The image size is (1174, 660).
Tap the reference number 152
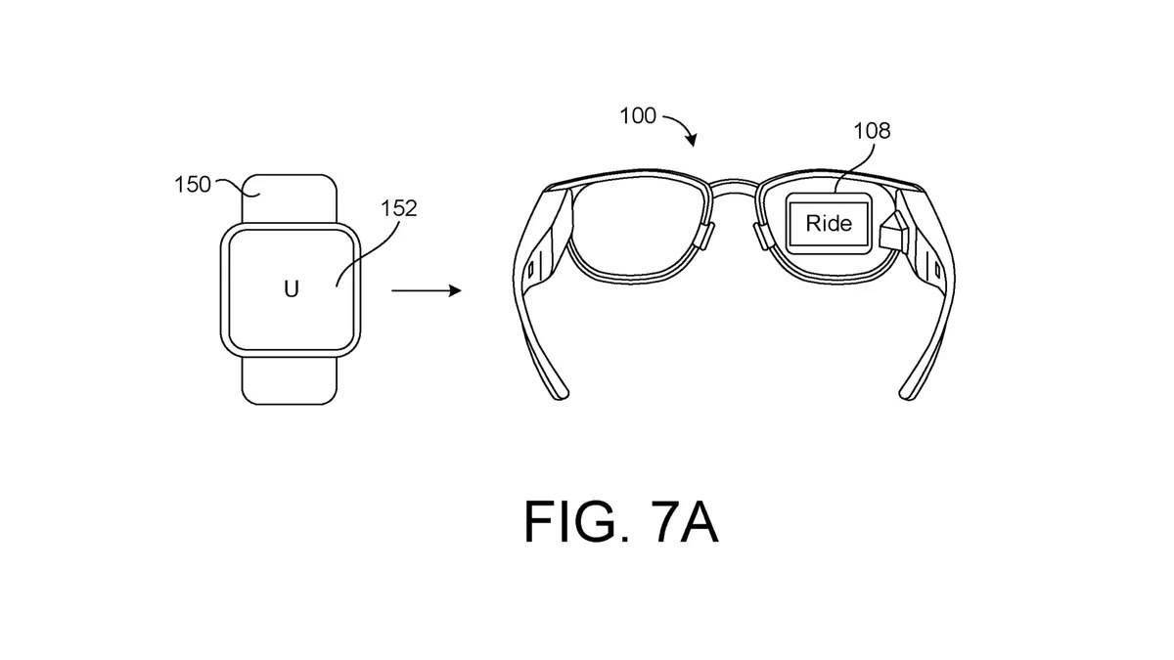point(399,207)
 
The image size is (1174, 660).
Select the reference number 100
point(638,116)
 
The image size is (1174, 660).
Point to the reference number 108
point(872,131)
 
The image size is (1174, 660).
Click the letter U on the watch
point(291,288)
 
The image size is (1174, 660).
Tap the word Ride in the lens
point(829,223)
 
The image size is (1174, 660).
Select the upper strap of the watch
point(290,198)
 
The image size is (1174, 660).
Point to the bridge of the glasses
point(729,183)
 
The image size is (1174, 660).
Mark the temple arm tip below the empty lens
point(558,391)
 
